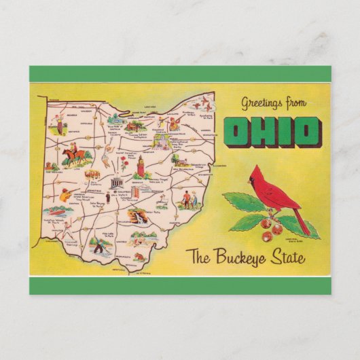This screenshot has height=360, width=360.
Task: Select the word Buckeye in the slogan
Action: tap(247, 258)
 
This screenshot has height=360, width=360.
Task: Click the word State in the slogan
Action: tap(289, 258)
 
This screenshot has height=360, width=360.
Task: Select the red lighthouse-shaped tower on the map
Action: tap(141, 164)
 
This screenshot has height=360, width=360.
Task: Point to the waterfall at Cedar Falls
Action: tap(139, 218)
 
